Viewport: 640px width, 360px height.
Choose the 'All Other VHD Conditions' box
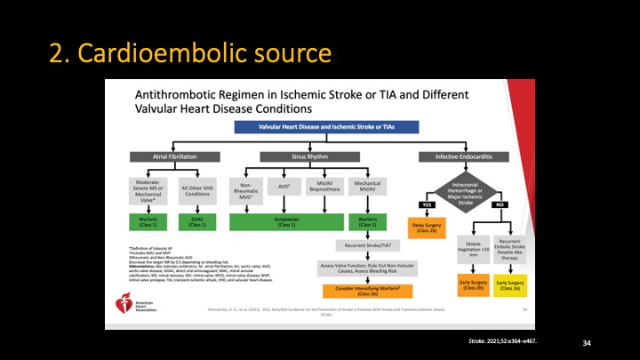point(200,190)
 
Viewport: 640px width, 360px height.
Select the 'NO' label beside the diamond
point(499,204)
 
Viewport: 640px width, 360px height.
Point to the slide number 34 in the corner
point(586,342)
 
